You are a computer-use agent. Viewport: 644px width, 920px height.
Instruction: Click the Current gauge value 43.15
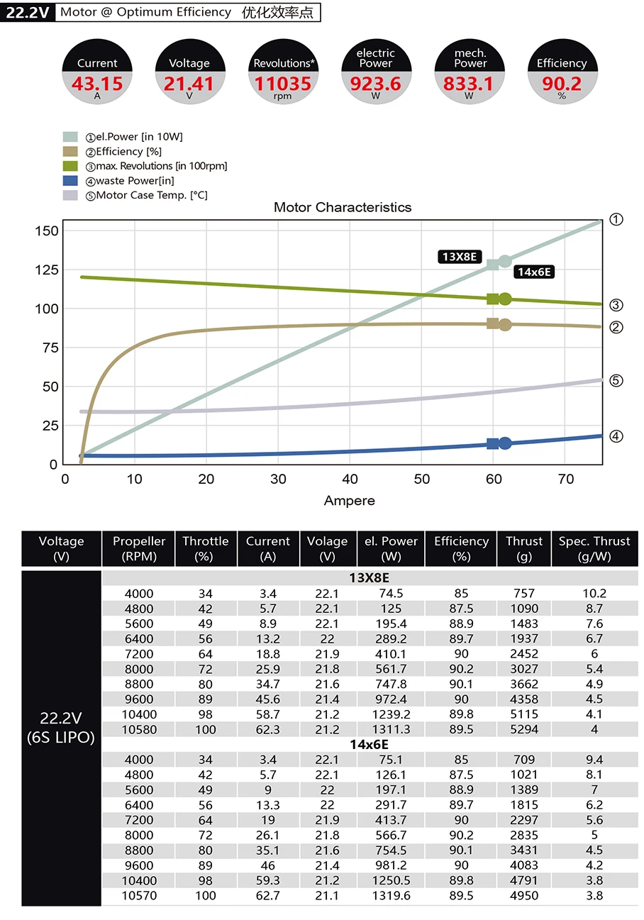(x=97, y=84)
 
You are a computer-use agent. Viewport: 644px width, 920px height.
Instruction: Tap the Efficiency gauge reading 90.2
(x=562, y=84)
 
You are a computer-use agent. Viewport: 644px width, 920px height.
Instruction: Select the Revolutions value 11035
(x=282, y=84)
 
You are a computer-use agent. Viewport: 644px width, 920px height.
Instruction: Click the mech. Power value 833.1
(x=468, y=84)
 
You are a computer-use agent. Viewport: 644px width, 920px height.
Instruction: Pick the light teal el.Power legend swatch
(x=70, y=137)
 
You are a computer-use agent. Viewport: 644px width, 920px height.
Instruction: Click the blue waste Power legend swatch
(x=70, y=181)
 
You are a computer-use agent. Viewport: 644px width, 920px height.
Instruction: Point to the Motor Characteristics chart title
(x=343, y=208)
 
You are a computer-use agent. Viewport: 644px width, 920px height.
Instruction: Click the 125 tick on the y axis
(x=45, y=270)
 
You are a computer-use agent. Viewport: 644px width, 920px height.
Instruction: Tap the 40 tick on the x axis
(x=350, y=480)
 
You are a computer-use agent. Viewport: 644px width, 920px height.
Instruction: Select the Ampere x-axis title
(x=349, y=501)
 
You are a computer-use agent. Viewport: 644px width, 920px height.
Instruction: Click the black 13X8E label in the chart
(x=460, y=257)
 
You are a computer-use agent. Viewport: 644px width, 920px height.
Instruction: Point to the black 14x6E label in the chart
(x=534, y=272)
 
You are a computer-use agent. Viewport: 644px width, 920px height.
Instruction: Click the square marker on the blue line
(x=493, y=444)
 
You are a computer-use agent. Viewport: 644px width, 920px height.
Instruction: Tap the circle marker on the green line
(x=505, y=299)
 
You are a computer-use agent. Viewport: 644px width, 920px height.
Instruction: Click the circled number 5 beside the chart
(x=616, y=381)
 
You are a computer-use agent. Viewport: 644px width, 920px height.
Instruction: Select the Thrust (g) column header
(x=524, y=548)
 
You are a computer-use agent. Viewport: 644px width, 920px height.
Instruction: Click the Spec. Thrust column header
(x=594, y=548)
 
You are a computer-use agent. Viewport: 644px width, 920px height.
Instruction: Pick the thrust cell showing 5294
(x=524, y=729)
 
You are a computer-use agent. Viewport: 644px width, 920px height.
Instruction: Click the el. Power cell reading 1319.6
(x=391, y=895)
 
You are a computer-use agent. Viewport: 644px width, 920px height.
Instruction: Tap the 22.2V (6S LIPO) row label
(x=61, y=727)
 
